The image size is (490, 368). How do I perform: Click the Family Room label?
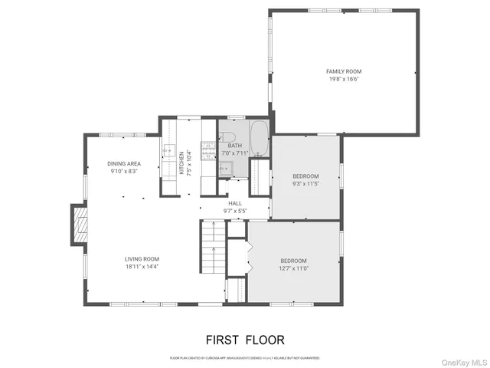343,71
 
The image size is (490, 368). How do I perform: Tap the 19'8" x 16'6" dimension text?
343,80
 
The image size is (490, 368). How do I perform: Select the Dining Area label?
123,163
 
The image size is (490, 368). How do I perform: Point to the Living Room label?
141,259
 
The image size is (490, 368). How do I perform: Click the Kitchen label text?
181,162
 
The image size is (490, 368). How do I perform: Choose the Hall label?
235,203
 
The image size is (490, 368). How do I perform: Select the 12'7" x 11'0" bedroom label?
292,268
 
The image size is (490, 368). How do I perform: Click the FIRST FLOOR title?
244,340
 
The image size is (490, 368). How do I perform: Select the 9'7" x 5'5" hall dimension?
235,211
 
